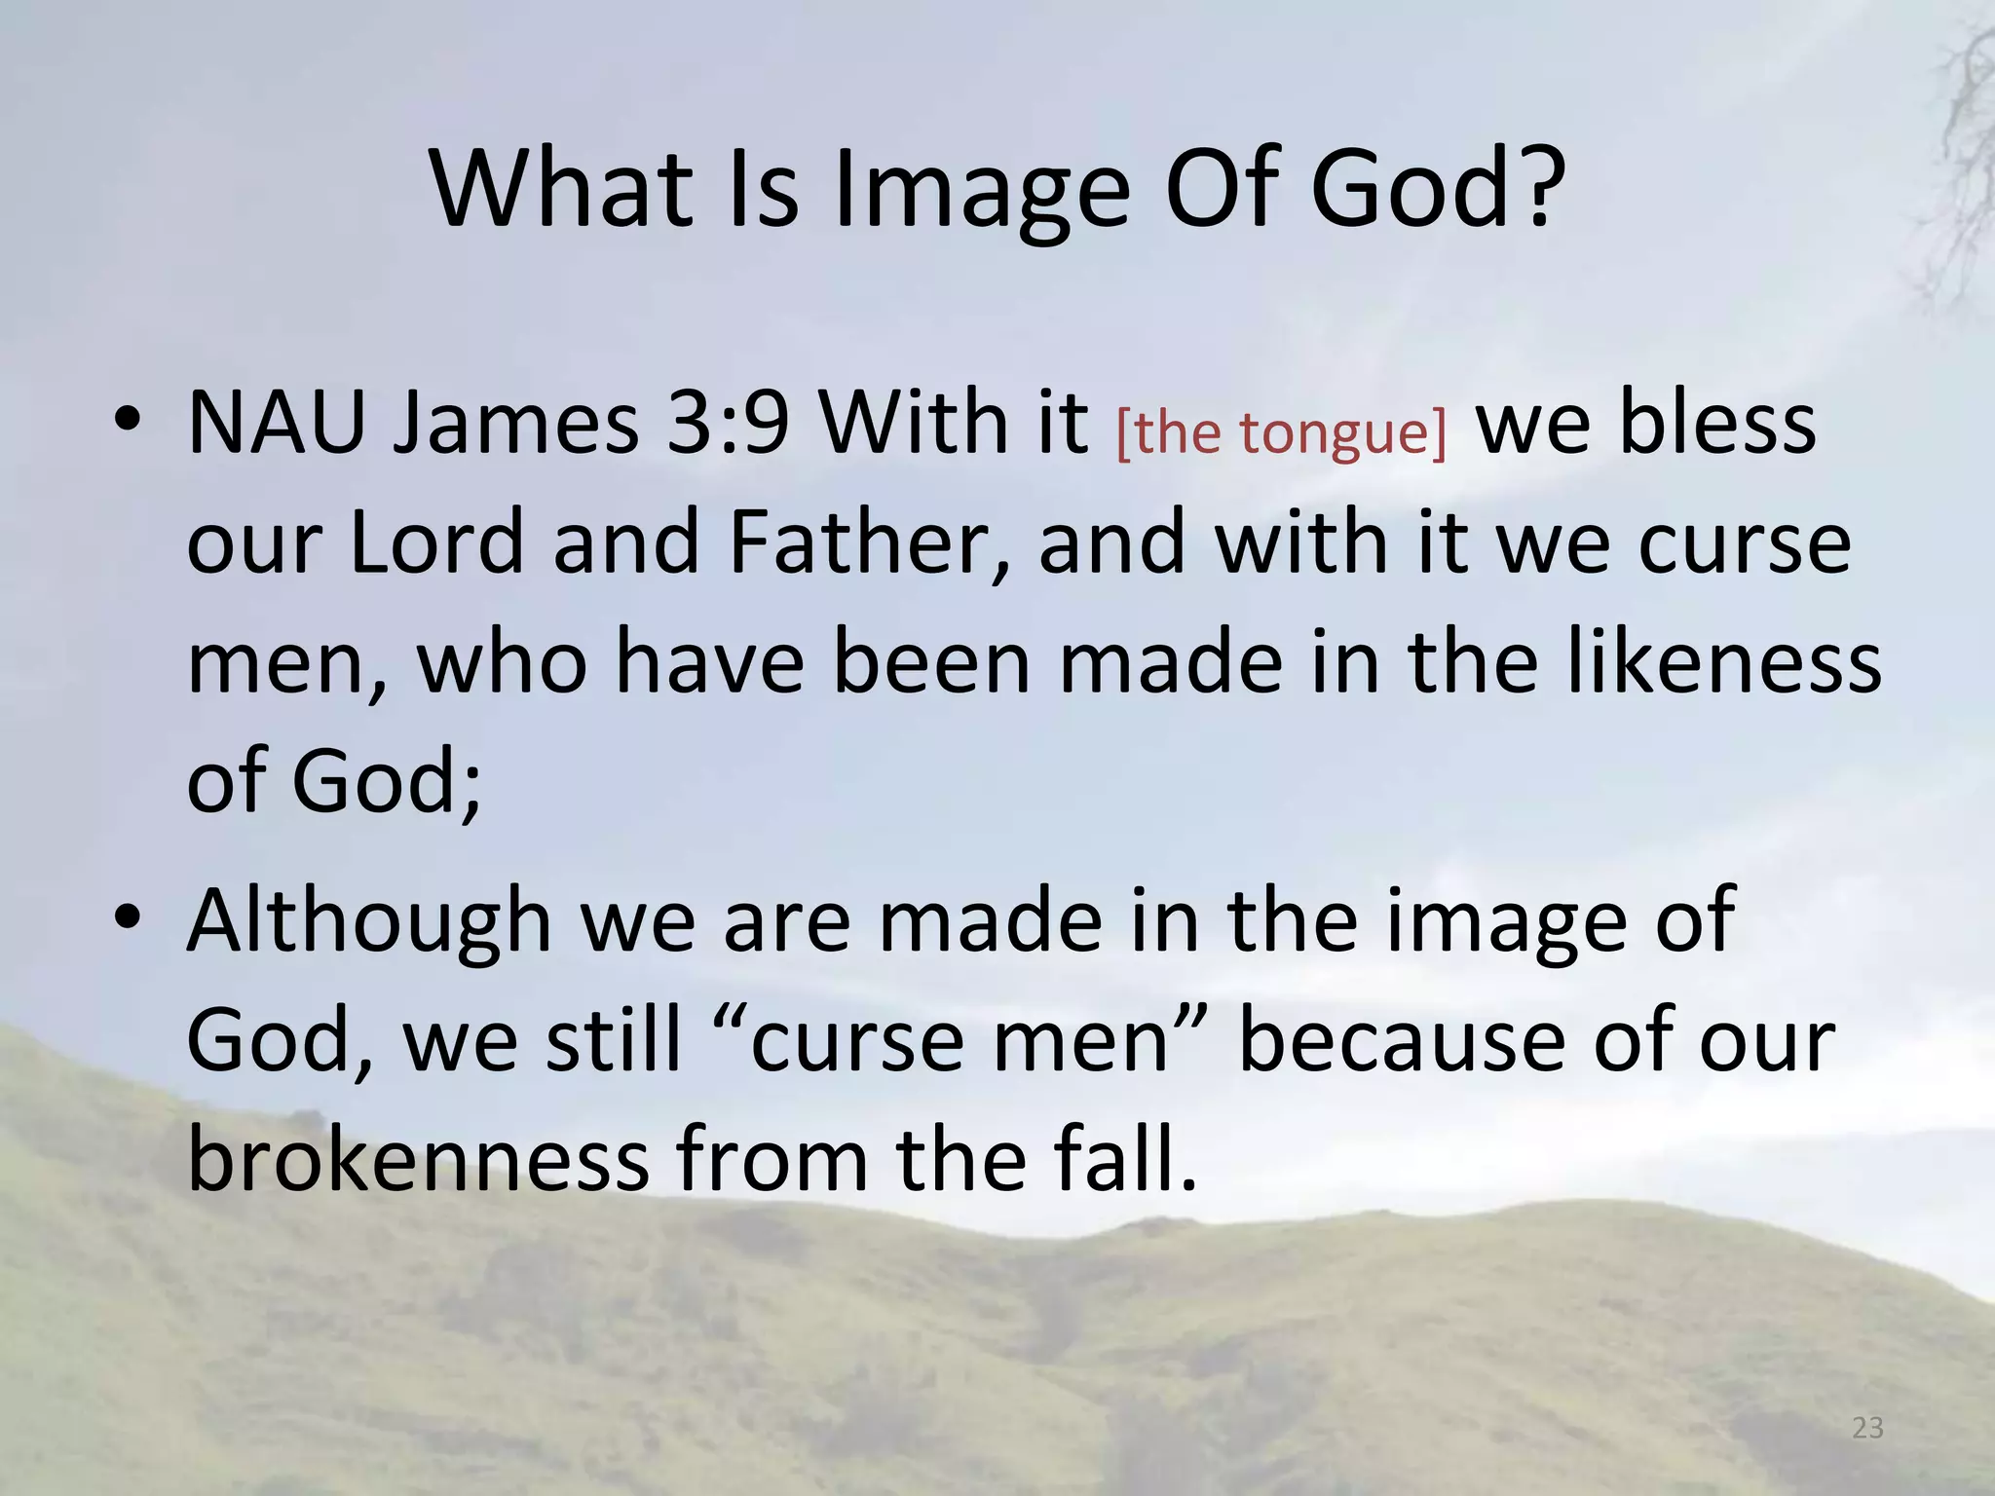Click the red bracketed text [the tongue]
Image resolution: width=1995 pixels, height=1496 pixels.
point(1280,431)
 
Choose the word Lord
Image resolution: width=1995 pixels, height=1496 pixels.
point(436,542)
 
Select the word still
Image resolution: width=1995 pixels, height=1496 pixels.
point(614,1040)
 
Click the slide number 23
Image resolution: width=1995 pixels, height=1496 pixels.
point(1867,1428)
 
